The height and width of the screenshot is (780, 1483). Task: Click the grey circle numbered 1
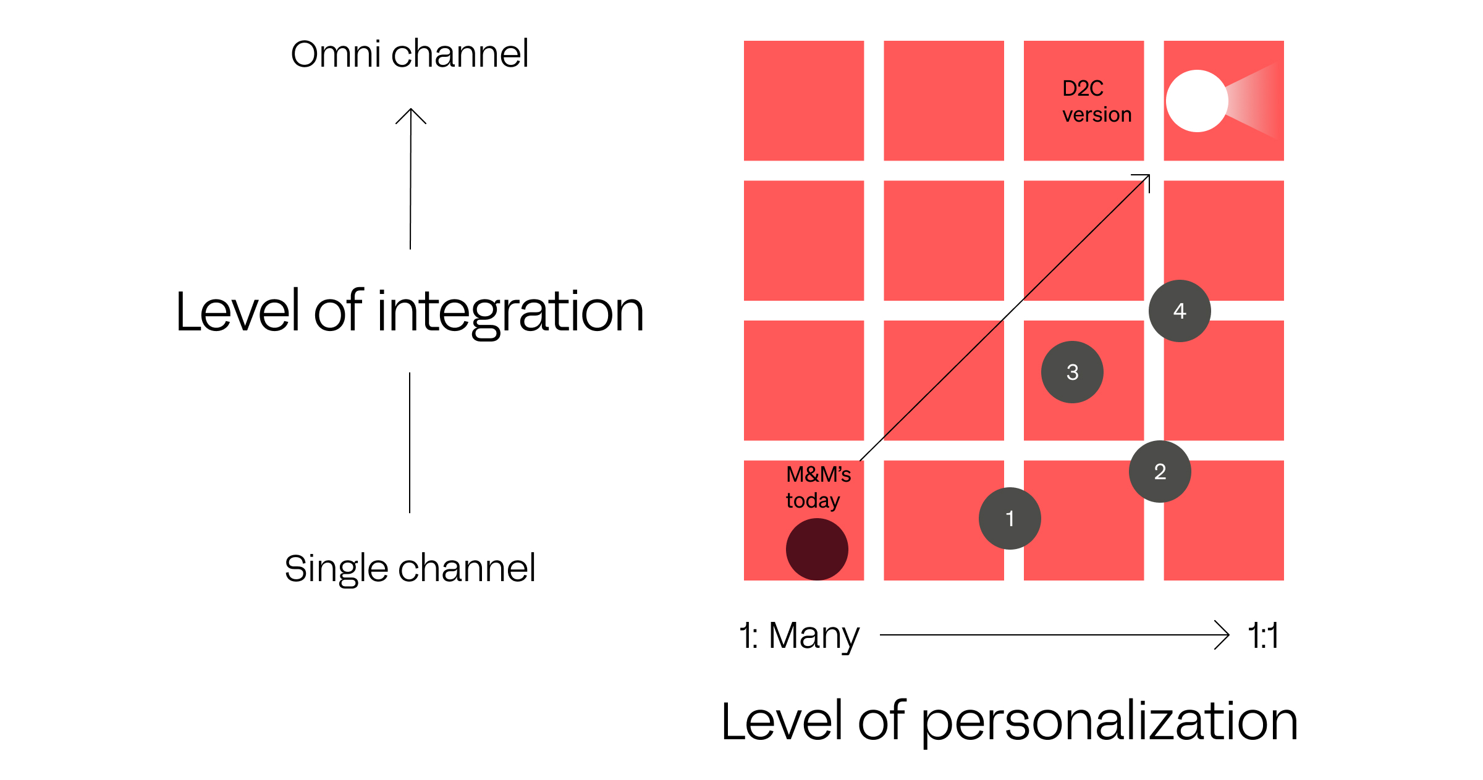pyautogui.click(x=1010, y=518)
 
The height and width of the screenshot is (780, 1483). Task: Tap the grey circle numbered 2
pyautogui.click(x=1160, y=471)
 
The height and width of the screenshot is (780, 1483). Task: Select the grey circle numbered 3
pyautogui.click(x=1072, y=372)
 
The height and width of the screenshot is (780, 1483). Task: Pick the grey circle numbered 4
pyautogui.click(x=1180, y=311)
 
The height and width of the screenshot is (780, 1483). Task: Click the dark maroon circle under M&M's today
pyautogui.click(x=817, y=549)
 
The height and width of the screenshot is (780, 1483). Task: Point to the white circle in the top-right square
pyautogui.click(x=1197, y=101)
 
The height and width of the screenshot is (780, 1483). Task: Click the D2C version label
pyautogui.click(x=1096, y=101)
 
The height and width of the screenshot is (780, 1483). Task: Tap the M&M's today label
pyautogui.click(x=818, y=487)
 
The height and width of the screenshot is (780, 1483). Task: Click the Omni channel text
pyautogui.click(x=410, y=54)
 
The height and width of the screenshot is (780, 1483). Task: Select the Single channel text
pyautogui.click(x=410, y=568)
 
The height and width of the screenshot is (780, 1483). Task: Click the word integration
pyautogui.click(x=510, y=312)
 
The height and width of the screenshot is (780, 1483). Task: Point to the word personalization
pyautogui.click(x=1110, y=721)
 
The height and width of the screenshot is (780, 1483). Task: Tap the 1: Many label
pyautogui.click(x=800, y=635)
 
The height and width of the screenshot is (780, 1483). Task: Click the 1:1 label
pyautogui.click(x=1263, y=635)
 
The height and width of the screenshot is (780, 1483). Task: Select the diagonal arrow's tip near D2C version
pyautogui.click(x=1147, y=177)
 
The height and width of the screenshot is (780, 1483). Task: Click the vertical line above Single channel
pyautogui.click(x=410, y=442)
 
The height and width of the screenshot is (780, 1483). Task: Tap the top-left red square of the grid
pyautogui.click(x=803, y=101)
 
